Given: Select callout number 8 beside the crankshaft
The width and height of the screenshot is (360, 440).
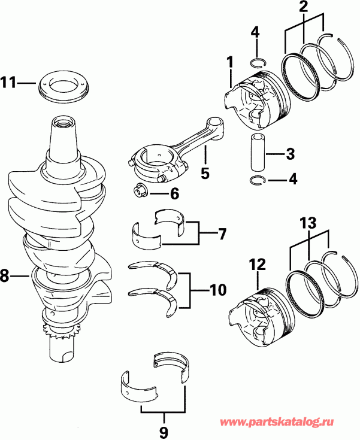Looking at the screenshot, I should point(5,276).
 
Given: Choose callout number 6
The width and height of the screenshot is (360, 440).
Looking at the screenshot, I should point(174,193).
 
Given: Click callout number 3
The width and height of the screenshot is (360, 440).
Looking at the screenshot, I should point(290,154).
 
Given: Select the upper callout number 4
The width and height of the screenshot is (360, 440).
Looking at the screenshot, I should point(256,32).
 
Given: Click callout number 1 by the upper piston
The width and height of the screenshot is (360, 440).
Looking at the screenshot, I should point(229,62).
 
